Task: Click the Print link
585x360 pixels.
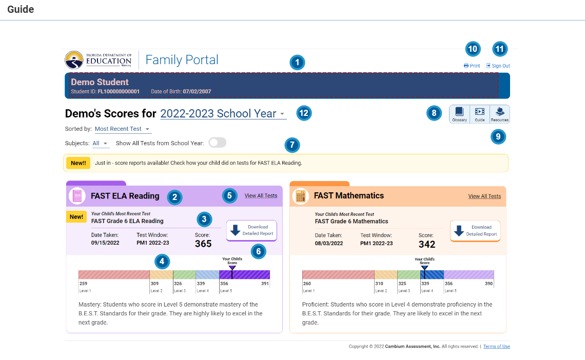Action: click(x=472, y=66)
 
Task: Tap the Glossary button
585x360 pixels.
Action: click(x=459, y=114)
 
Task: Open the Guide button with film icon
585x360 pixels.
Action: click(x=480, y=114)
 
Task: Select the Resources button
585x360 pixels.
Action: click(x=500, y=114)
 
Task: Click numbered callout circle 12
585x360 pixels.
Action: click(x=304, y=113)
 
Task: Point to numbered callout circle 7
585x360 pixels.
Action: click(x=292, y=145)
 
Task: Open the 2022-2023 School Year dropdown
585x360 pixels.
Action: click(x=223, y=114)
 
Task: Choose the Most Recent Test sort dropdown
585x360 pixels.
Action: click(x=123, y=129)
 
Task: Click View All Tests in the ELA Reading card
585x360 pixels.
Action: click(x=261, y=196)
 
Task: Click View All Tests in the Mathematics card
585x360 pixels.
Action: click(x=484, y=196)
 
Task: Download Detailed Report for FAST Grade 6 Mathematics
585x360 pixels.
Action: click(x=475, y=231)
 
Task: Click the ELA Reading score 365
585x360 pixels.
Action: click(x=203, y=244)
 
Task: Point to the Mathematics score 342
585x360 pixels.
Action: click(x=427, y=244)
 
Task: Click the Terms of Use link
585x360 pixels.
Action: click(x=496, y=347)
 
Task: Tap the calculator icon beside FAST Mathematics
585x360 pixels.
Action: click(x=300, y=196)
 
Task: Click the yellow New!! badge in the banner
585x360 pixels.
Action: click(x=78, y=163)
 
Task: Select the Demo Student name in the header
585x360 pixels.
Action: click(x=100, y=82)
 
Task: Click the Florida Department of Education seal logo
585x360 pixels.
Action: click(x=74, y=60)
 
